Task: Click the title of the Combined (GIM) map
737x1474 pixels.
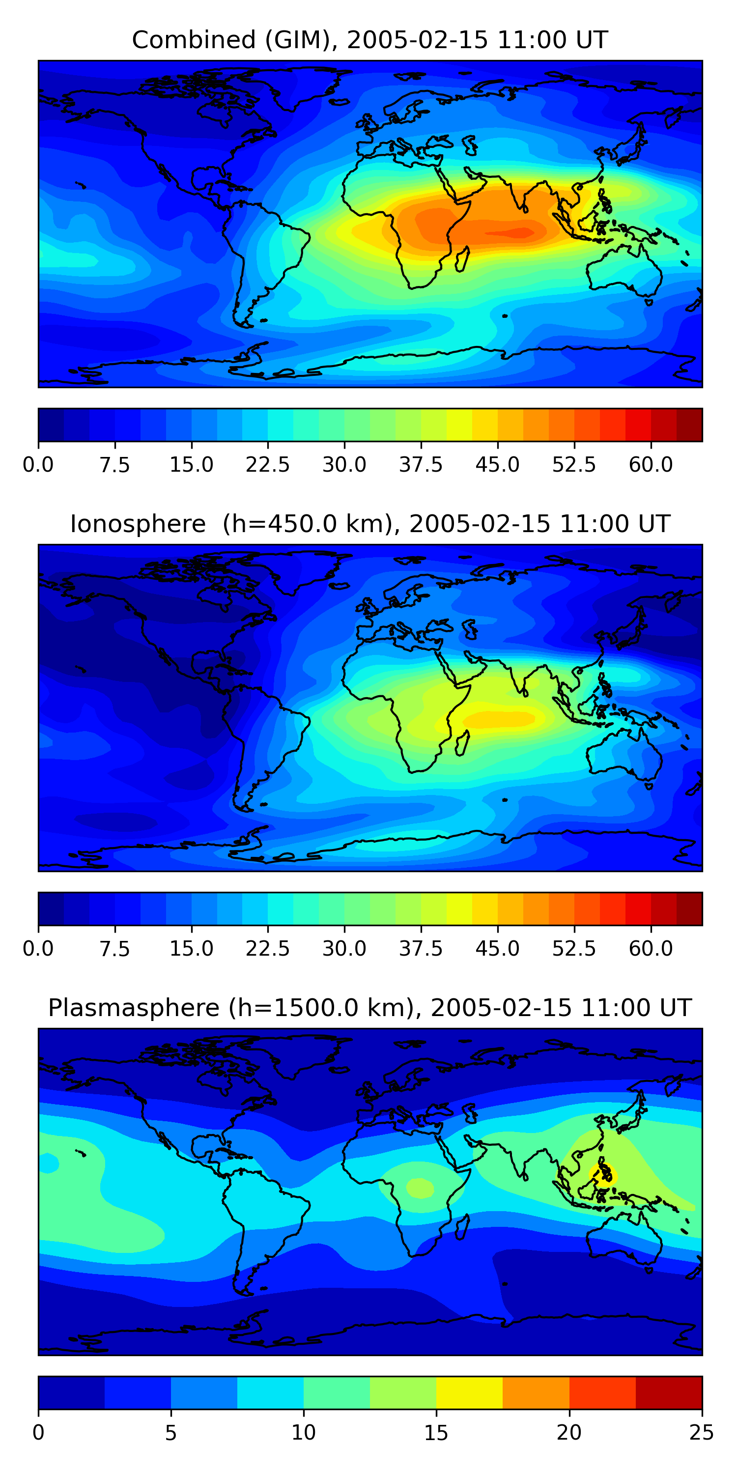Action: [369, 40]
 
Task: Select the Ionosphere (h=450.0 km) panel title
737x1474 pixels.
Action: [369, 524]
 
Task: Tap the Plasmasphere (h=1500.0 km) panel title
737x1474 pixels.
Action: [369, 1008]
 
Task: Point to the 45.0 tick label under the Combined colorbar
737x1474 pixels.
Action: [497, 465]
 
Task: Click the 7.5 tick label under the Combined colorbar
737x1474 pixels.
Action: [114, 465]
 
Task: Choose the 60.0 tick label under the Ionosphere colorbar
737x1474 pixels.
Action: [651, 949]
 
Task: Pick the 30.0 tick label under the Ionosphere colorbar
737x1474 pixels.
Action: [344, 949]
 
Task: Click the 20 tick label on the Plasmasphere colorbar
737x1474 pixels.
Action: [569, 1433]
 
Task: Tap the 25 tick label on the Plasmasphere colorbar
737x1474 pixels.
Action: [702, 1433]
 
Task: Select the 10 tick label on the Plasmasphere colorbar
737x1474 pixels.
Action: [303, 1433]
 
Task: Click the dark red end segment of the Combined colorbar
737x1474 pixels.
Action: [689, 425]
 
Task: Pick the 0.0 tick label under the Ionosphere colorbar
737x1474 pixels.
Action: [38, 949]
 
